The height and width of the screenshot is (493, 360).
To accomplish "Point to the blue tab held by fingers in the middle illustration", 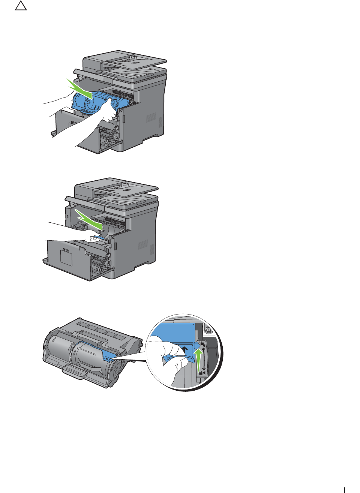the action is [x=99, y=238].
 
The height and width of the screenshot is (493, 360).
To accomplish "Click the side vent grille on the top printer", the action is [x=151, y=118].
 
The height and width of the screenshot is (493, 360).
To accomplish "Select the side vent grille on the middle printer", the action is [x=142, y=246].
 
